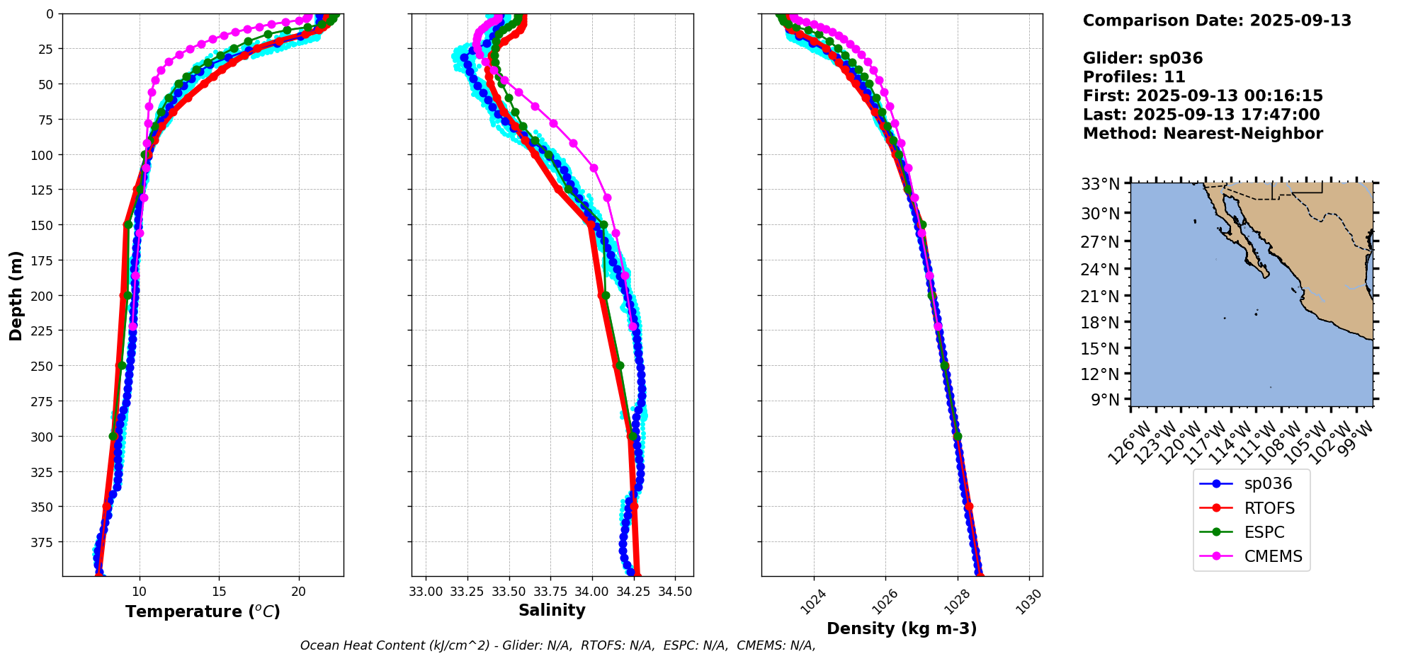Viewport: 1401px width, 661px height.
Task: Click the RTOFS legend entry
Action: pyautogui.click(x=1269, y=508)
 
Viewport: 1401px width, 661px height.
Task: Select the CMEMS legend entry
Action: pyautogui.click(x=1273, y=556)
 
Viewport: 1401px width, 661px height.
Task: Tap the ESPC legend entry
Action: pyautogui.click(x=1264, y=532)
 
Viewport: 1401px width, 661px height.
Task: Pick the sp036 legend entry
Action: pyautogui.click(x=1268, y=484)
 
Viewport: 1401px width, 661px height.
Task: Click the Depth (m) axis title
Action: pyautogui.click(x=16, y=295)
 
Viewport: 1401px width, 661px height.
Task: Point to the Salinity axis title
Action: pyautogui.click(x=552, y=610)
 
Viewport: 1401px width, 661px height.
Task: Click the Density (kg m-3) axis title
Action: pyautogui.click(x=902, y=628)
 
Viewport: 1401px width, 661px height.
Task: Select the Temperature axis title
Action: pyautogui.click(x=203, y=611)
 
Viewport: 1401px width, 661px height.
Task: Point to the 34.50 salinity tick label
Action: pyautogui.click(x=675, y=592)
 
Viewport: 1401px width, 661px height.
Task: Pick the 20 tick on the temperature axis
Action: pyautogui.click(x=299, y=592)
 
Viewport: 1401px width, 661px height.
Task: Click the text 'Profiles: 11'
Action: pyautogui.click(x=1134, y=77)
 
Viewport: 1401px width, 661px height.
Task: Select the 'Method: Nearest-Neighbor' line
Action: pyautogui.click(x=1203, y=134)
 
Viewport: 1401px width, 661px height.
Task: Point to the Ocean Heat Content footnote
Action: pyautogui.click(x=557, y=645)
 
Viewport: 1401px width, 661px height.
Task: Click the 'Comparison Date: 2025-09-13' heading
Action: pyautogui.click(x=1217, y=21)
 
